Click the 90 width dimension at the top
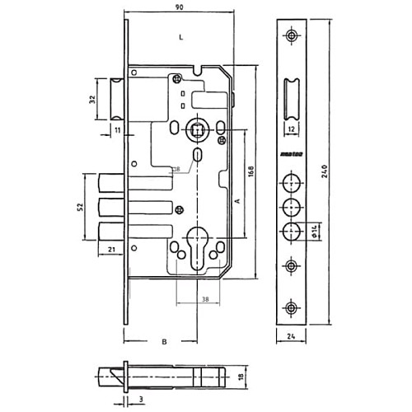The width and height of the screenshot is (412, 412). [180, 8]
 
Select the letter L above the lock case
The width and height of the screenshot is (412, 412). [180, 37]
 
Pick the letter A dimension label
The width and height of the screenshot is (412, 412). [237, 200]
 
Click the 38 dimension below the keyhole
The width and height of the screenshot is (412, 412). [204, 299]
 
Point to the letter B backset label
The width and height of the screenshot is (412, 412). [164, 340]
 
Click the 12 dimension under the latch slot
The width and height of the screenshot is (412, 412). [292, 129]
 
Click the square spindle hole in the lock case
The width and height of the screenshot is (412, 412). [195, 128]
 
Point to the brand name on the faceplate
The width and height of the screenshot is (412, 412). [292, 153]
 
